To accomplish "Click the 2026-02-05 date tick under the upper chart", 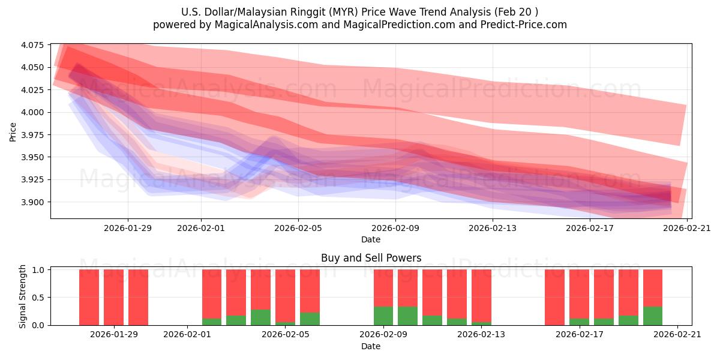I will tap(298, 228).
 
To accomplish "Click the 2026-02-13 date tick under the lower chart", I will tap(481, 334).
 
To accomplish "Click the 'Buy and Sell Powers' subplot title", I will tap(371, 258).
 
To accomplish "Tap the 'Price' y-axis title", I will tap(13, 131).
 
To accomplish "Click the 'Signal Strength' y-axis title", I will tap(23, 296).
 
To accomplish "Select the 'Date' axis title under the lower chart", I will tap(371, 346).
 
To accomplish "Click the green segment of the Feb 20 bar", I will tap(653, 316).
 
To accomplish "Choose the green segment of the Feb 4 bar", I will tap(260, 317).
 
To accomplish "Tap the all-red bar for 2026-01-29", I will tap(113, 297).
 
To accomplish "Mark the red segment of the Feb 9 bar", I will tap(383, 288).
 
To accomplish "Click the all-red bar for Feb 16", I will tap(554, 297).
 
